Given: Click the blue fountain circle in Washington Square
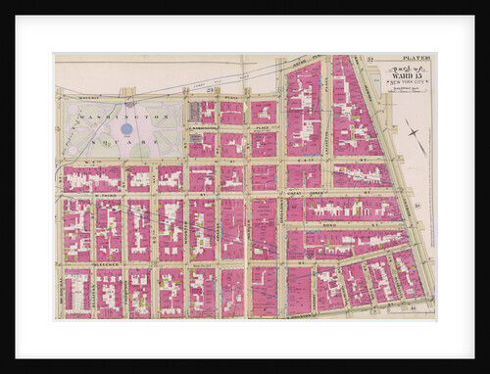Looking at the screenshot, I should [126, 128].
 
